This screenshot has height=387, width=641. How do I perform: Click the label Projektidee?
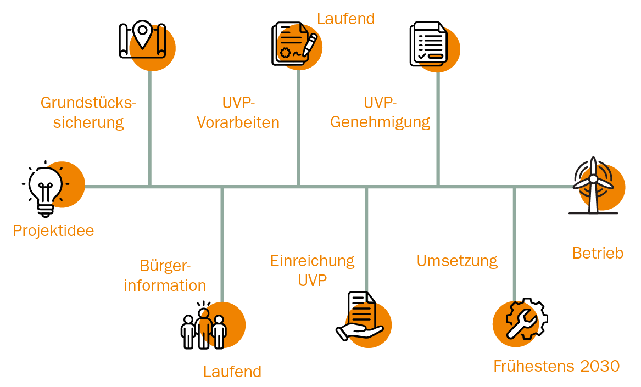(53, 231)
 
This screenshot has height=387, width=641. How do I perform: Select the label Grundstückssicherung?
(88, 113)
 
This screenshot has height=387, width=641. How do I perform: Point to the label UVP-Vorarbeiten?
(238, 113)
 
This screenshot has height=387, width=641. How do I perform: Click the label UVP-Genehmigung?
(380, 113)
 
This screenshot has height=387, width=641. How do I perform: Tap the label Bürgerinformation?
(165, 276)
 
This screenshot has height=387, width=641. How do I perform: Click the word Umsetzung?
(457, 261)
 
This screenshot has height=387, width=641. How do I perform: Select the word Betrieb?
(598, 253)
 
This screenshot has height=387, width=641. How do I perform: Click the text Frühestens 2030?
(556, 366)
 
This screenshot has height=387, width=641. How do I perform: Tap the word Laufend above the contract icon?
(345, 19)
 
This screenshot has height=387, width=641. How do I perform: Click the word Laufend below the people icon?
(232, 372)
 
